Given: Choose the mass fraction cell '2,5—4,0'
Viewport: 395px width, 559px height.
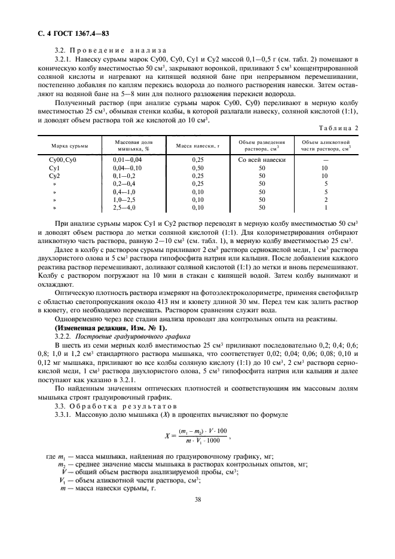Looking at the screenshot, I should (124, 207).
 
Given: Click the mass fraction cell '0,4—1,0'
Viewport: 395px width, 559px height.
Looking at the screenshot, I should (124, 192).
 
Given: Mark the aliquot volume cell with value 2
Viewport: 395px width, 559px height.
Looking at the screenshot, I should (326, 199).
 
